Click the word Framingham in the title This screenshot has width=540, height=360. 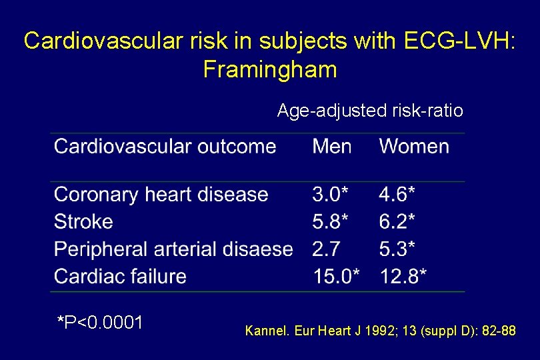(x=270, y=69)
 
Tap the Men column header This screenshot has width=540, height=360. (x=331, y=147)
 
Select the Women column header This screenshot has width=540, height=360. (x=414, y=147)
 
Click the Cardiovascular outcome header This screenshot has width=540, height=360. (x=165, y=147)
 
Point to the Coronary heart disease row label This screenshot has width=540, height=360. (x=161, y=195)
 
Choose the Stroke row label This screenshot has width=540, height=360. (x=83, y=222)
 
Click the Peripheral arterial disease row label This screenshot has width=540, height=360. (x=173, y=249)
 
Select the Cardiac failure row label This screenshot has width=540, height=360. (x=120, y=276)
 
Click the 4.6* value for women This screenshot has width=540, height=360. (x=397, y=195)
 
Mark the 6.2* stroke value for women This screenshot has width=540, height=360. (x=397, y=222)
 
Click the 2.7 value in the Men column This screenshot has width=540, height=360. (x=326, y=249)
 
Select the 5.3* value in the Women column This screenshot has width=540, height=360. (x=397, y=249)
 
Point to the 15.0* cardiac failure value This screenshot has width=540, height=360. (x=336, y=276)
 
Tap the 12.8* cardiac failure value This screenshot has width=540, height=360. (x=403, y=276)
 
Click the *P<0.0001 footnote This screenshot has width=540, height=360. (x=100, y=323)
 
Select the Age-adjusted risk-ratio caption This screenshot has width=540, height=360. (x=370, y=111)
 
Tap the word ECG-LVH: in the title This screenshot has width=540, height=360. (x=459, y=41)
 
